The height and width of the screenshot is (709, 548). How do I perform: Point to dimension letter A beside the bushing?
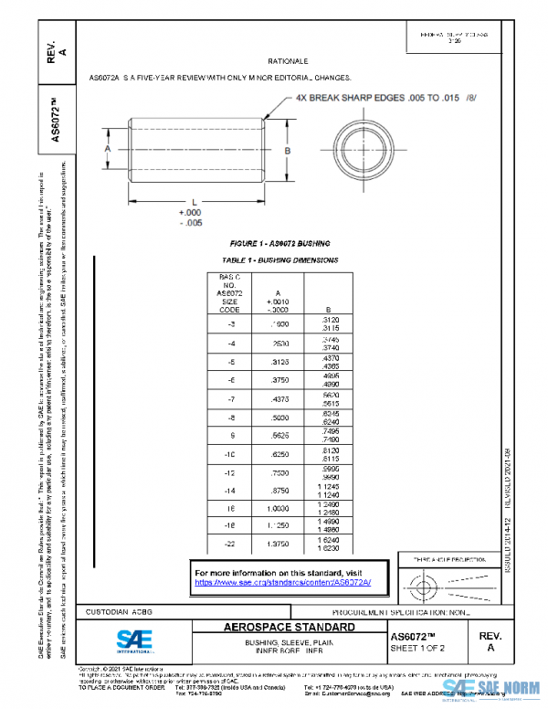(107, 147)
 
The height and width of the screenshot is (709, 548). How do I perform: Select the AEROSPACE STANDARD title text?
(290, 628)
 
